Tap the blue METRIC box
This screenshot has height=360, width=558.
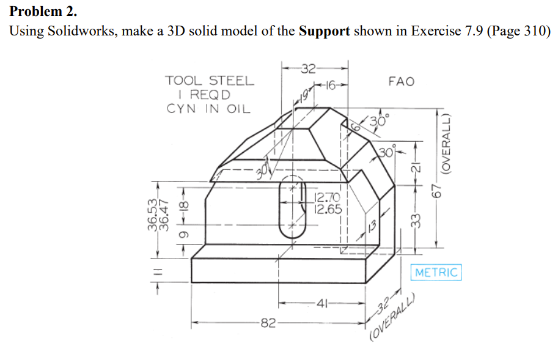436,272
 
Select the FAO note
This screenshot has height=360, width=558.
401,81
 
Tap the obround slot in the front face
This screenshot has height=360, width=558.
292,209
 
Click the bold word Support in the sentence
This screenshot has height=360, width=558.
324,31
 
